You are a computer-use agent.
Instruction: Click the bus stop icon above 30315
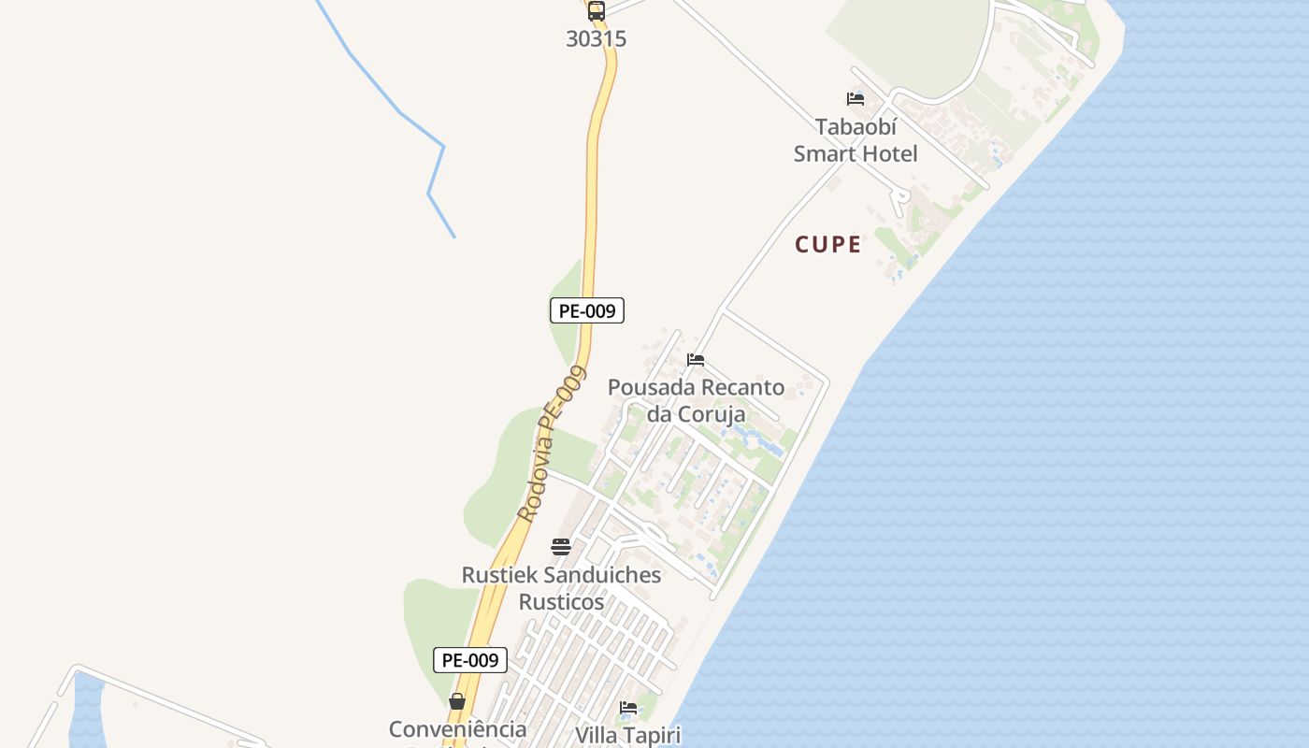596,11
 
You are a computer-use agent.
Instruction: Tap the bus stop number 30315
596,39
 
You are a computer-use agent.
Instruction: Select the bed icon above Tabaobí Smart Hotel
855,99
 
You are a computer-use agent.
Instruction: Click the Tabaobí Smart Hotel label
856,140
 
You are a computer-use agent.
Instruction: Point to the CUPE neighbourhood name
827,245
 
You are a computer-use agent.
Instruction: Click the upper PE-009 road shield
586,310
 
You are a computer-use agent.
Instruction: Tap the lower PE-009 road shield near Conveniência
470,660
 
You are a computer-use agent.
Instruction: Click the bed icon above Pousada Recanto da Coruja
695,360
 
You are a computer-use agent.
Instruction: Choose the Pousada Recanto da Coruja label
697,400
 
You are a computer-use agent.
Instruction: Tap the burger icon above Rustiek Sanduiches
561,547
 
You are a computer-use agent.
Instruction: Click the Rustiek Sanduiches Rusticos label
561,588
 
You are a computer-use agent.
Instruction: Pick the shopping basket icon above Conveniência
457,701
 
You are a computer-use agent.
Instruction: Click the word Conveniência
457,729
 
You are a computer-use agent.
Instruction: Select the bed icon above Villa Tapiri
628,708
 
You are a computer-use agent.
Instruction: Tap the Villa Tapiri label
627,735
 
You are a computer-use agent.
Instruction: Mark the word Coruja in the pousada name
711,414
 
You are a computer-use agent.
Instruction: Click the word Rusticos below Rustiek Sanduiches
561,602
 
